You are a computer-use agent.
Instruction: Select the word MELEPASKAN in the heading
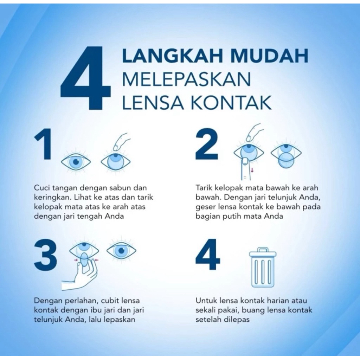coord(186,79)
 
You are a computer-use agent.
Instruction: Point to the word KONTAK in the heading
coord(231,102)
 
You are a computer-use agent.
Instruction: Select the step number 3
coord(45,255)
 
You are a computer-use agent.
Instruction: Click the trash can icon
coord(263,267)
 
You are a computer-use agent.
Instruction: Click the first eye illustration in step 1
coord(76,162)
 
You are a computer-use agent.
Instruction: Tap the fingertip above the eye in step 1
coord(118,146)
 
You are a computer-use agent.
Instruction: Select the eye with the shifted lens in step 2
coord(286,154)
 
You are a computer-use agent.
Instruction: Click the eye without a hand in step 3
coord(121,250)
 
